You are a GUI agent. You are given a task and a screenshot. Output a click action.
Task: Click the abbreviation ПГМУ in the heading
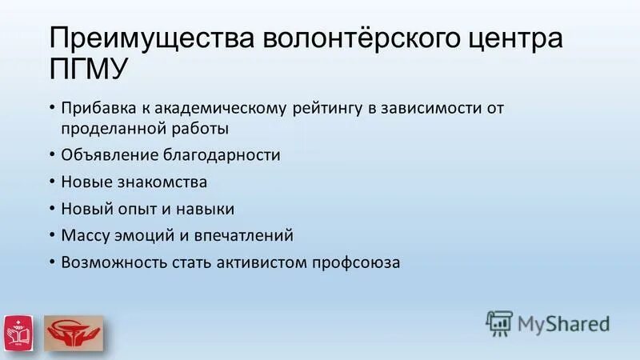(x=88, y=71)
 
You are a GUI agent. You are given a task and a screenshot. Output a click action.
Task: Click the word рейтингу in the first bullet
(x=319, y=107)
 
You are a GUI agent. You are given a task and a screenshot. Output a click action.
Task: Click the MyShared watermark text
(x=563, y=323)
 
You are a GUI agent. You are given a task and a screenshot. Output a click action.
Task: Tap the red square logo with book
(x=18, y=330)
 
